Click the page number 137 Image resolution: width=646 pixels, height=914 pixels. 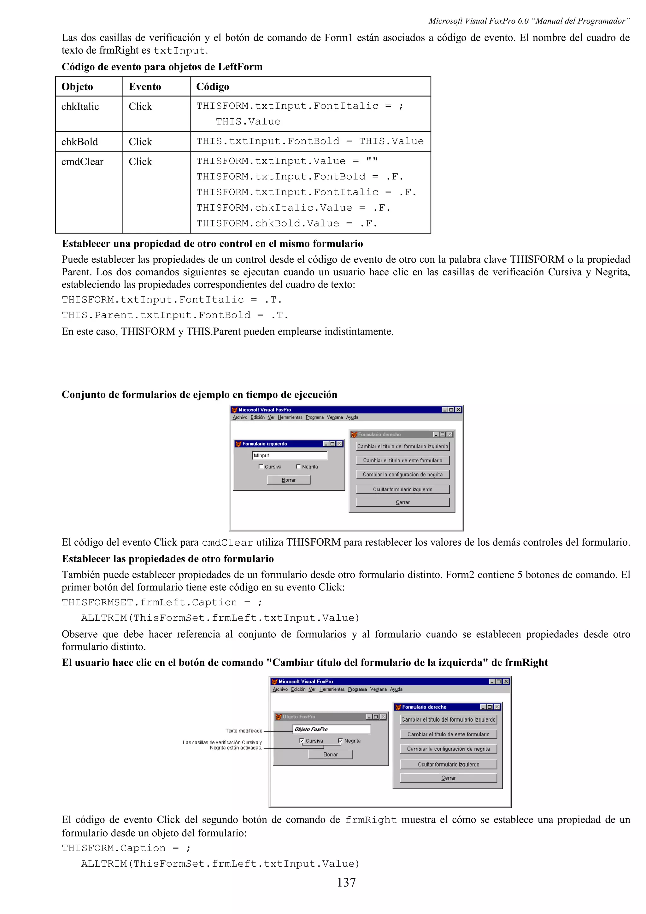[346, 882]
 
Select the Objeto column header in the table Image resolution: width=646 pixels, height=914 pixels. [77, 87]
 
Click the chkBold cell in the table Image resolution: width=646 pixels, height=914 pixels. [79, 142]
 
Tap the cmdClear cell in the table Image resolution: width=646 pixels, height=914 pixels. [82, 161]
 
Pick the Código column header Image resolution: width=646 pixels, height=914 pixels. [213, 87]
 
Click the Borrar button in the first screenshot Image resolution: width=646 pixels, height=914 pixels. [289, 480]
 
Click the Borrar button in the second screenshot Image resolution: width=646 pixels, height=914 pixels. [330, 754]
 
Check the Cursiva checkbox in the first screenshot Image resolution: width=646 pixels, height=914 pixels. [261, 466]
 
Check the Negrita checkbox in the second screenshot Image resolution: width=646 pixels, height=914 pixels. [340, 741]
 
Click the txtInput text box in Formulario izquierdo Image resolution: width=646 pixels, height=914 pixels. [290, 455]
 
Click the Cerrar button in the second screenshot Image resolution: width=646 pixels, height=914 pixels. [448, 778]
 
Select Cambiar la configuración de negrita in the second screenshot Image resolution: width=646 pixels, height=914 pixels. [448, 749]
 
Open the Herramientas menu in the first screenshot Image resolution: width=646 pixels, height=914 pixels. [290, 417]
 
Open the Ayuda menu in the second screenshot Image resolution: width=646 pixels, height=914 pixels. [396, 689]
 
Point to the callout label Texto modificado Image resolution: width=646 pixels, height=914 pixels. [244, 730]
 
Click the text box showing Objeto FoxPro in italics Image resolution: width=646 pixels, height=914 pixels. [332, 729]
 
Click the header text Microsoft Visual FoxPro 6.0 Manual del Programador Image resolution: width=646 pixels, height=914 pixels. [529, 21]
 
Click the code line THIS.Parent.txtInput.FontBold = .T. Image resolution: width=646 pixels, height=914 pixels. [175, 315]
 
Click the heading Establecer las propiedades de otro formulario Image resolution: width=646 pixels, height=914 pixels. [167, 559]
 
